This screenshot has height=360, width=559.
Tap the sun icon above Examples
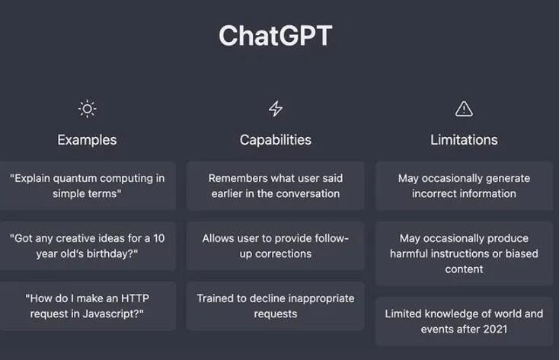(88, 109)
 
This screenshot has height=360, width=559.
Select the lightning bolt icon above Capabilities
(275, 109)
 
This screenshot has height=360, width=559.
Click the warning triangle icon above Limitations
(464, 109)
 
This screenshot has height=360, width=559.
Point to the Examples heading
(88, 140)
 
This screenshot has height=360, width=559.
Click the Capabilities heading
(275, 140)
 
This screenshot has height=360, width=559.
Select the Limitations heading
(464, 140)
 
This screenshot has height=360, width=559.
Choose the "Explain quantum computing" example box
(88, 186)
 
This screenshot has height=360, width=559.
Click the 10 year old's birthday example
(88, 246)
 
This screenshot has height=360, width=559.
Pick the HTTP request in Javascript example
(88, 306)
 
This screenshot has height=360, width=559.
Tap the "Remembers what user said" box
(275, 186)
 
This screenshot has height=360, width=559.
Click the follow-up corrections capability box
(275, 246)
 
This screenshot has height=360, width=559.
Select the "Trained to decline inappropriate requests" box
(275, 306)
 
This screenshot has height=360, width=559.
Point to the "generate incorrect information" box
(464, 186)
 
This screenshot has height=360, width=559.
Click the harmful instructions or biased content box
(464, 253)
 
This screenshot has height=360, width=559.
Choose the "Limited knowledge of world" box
(464, 321)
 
